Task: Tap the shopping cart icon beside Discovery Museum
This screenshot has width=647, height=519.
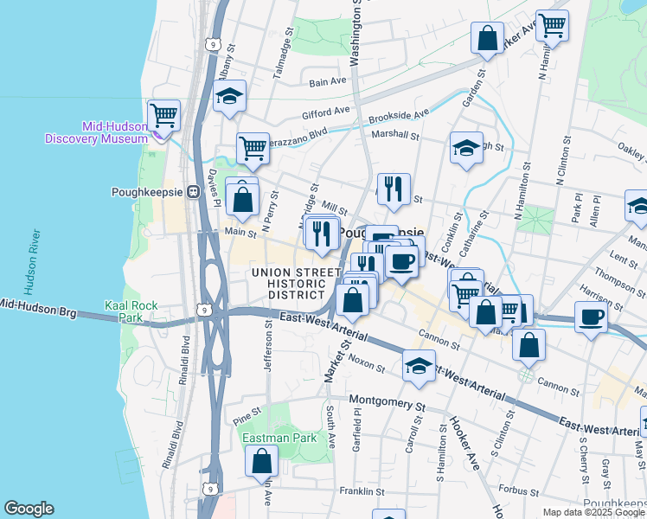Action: point(163,114)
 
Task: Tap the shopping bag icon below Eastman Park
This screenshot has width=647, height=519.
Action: point(261,462)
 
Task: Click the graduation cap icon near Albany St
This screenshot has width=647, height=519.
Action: point(229,95)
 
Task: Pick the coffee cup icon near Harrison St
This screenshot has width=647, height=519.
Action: point(591,317)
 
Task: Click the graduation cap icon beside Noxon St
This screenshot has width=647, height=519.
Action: point(419,365)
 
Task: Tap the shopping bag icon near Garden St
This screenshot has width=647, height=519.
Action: point(488,38)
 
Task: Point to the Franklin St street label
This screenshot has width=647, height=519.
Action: point(362,491)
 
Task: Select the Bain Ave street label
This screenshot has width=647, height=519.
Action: point(328,82)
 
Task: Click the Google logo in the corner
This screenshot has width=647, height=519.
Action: point(29,509)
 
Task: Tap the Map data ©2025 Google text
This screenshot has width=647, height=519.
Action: point(593,512)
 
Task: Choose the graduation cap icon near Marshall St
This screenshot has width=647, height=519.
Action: point(466,147)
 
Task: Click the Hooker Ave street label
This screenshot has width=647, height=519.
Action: point(463,432)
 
